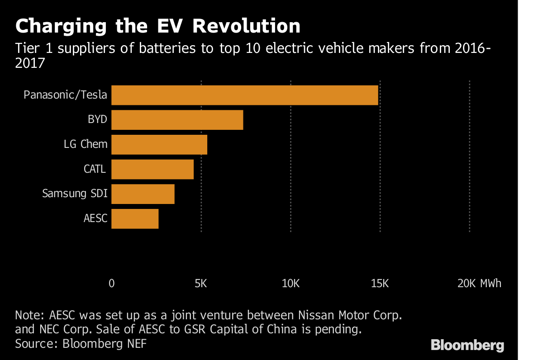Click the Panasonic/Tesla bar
pyautogui.click(x=244, y=95)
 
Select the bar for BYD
pyautogui.click(x=177, y=120)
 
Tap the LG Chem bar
pyautogui.click(x=159, y=145)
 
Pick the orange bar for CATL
pyautogui.click(x=152, y=169)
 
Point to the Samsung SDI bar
pyautogui.click(x=143, y=194)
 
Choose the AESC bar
pyautogui.click(x=135, y=218)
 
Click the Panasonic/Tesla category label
pyautogui.click(x=66, y=95)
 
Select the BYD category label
pyautogui.click(x=97, y=120)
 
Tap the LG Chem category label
pyautogui.click(x=86, y=145)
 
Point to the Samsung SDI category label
pyautogui.click(x=75, y=194)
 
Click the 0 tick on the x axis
pyautogui.click(x=112, y=284)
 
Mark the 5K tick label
pyautogui.click(x=201, y=284)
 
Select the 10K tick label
pyautogui.click(x=291, y=284)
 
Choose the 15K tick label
pyautogui.click(x=380, y=284)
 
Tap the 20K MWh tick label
pyautogui.click(x=479, y=284)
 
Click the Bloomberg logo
pyautogui.click(x=467, y=346)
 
